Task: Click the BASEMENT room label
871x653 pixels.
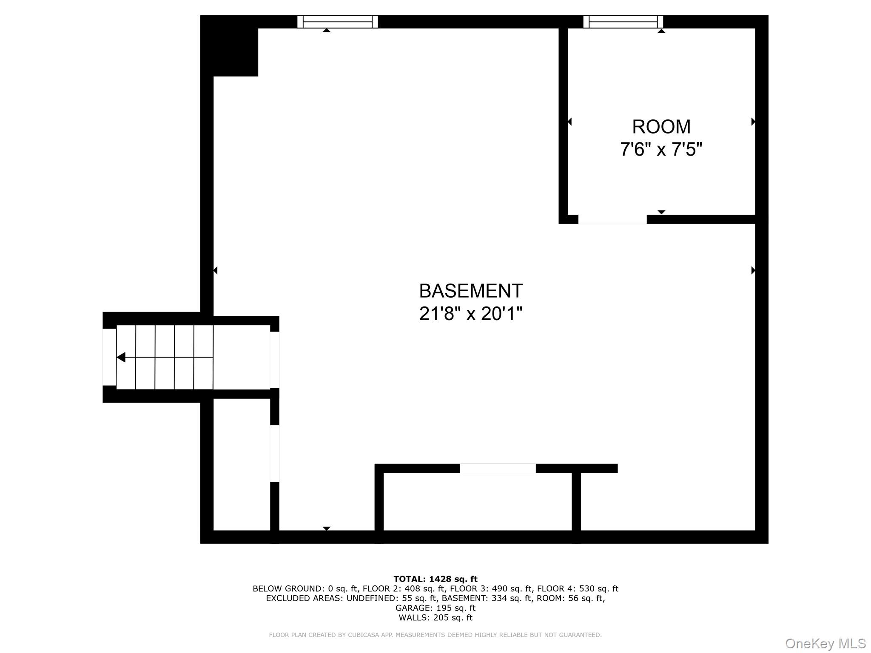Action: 471,291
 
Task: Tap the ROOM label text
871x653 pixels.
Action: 661,127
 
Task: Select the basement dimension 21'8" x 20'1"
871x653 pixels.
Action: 471,314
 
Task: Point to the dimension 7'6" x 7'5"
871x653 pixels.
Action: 661,149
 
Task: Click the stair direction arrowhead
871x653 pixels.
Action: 121,358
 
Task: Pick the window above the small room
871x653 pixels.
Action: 623,22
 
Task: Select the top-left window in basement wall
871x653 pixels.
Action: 338,22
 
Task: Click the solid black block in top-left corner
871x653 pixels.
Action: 230,46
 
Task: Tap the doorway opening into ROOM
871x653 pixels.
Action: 612,219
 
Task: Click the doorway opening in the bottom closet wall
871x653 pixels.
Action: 498,468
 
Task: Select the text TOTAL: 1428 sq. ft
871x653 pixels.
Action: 435,579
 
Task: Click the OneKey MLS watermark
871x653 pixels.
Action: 825,643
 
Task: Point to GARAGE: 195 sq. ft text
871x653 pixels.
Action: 435,608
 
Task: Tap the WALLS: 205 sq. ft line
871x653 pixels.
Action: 435,618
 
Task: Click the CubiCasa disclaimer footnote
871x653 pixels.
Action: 435,635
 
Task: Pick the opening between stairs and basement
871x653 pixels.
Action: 275,360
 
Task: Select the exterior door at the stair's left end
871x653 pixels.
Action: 109,357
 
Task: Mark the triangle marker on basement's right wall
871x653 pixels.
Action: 753,270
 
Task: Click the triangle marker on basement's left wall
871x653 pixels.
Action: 215,270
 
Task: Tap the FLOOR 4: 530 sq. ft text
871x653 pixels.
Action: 578,589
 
